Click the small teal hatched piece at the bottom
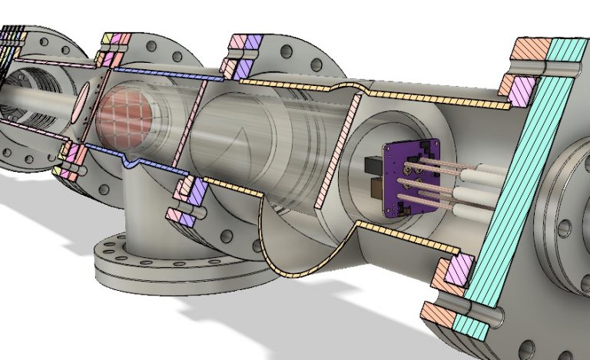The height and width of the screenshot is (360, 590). click(471, 327)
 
